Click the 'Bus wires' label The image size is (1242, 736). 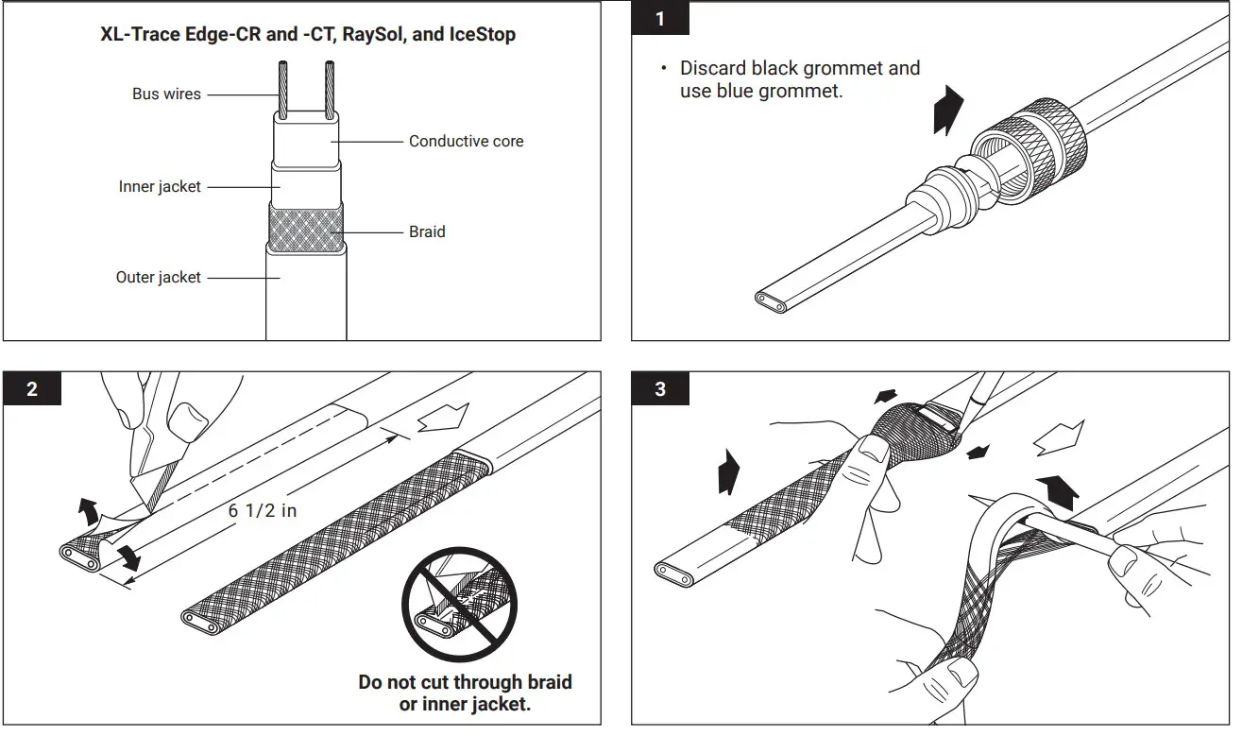click(166, 94)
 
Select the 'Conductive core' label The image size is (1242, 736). click(466, 142)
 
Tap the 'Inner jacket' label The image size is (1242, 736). click(160, 187)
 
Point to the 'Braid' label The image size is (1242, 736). click(427, 231)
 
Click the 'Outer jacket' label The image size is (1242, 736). click(159, 278)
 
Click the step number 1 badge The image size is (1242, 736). click(660, 18)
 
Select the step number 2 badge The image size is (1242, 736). click(32, 389)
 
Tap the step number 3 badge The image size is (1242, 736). click(660, 389)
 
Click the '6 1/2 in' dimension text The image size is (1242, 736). click(263, 510)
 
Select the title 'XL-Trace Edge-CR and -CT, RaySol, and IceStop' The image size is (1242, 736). click(308, 35)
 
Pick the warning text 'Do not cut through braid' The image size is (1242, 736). click(465, 682)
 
